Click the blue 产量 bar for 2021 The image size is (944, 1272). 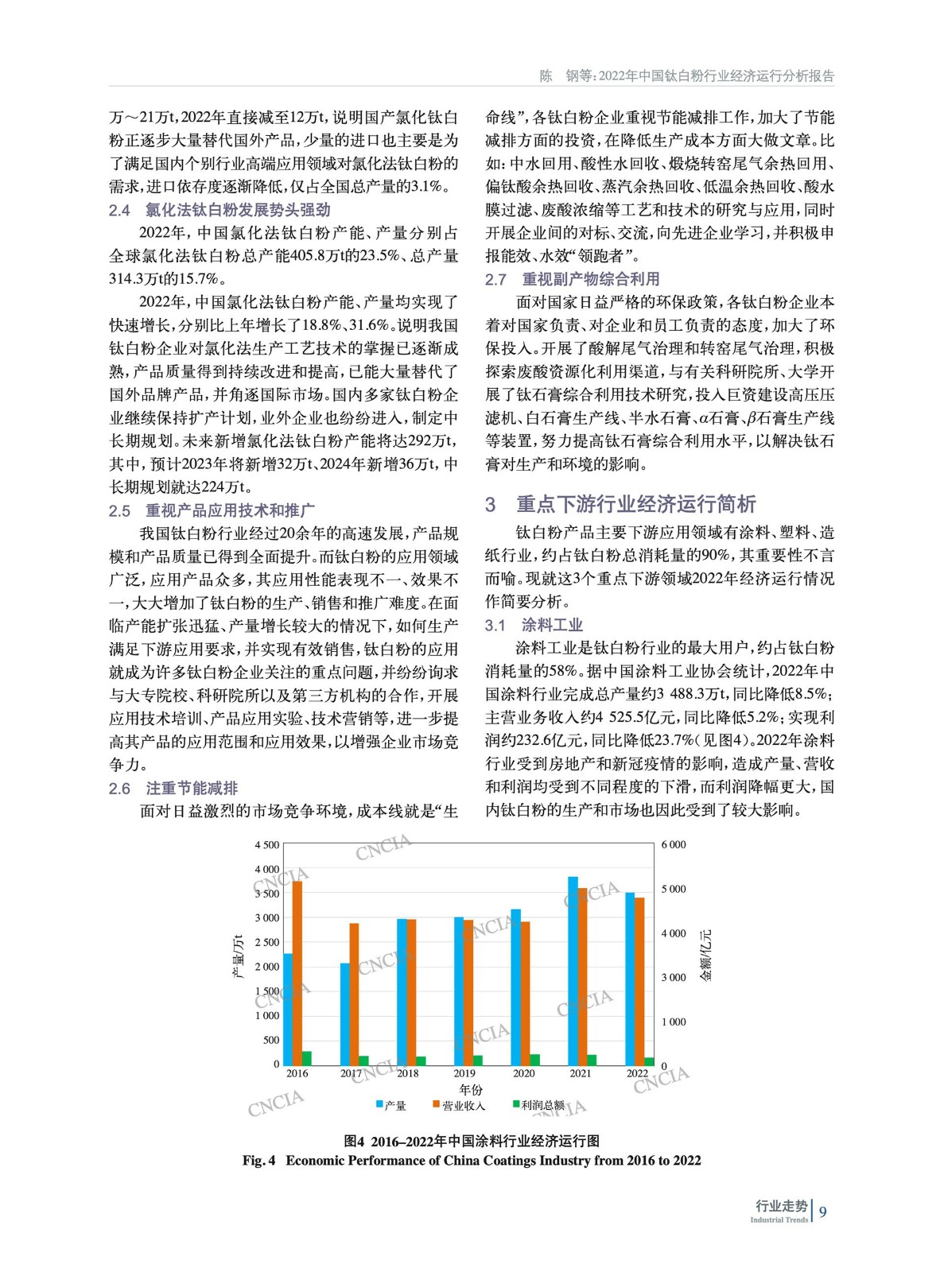(x=573, y=971)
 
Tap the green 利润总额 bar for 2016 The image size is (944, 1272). (x=307, y=1057)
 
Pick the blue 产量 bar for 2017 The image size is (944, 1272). (x=345, y=1014)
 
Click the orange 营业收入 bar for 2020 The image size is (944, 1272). (x=525, y=993)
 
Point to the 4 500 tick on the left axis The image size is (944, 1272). (x=267, y=845)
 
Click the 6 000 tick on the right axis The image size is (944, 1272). (x=674, y=845)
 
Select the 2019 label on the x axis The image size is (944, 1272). (x=464, y=1073)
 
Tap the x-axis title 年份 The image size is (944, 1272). (x=471, y=1089)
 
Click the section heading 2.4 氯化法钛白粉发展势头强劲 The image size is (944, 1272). (x=219, y=210)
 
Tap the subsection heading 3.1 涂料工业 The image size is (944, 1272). (x=534, y=625)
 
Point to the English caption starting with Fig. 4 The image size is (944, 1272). (x=472, y=1161)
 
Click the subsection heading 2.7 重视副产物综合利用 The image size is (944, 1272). (x=572, y=279)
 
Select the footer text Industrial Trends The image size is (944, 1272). (x=779, y=1220)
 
